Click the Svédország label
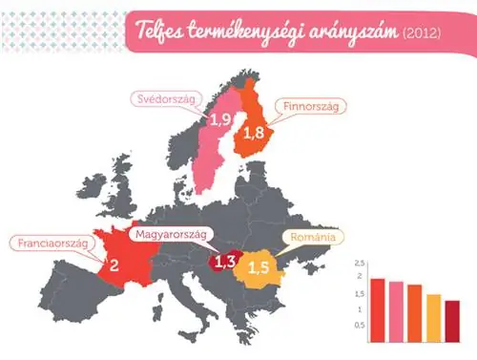click(x=163, y=98)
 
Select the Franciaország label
click(x=53, y=243)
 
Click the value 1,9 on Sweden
click(x=220, y=120)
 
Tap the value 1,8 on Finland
click(x=253, y=136)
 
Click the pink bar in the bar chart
click(x=396, y=310)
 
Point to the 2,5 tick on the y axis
click(x=359, y=262)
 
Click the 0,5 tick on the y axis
click(x=359, y=325)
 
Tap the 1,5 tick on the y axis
click(x=359, y=293)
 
